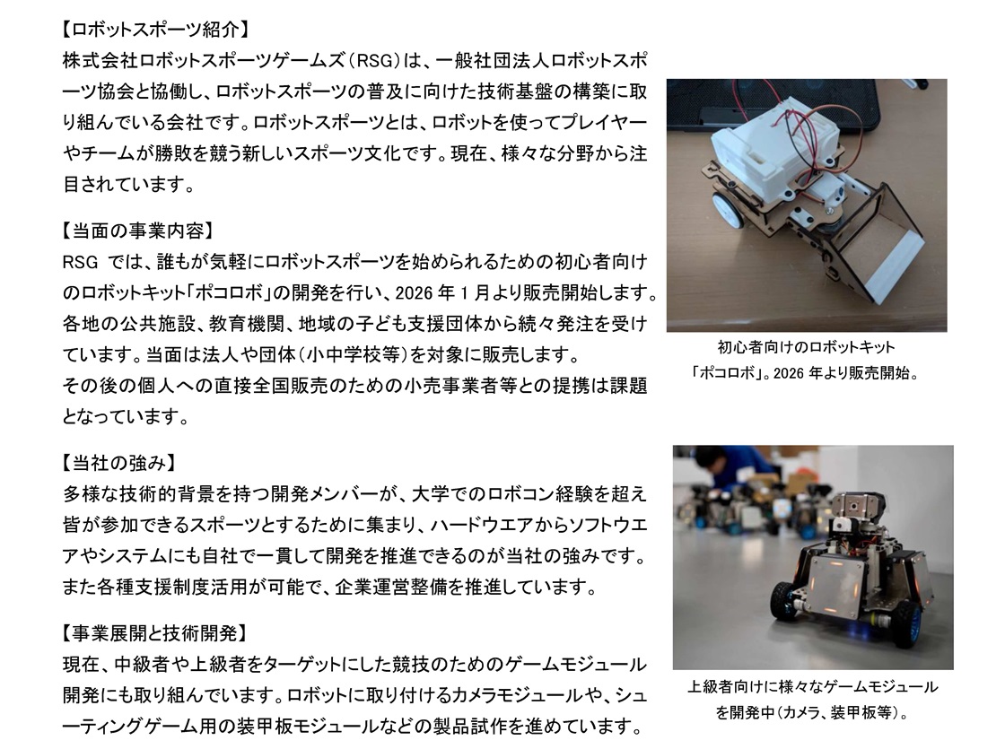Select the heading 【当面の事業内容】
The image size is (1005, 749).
(137, 231)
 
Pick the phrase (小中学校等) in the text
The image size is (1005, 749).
(328, 354)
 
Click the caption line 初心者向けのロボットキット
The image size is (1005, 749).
(807, 347)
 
